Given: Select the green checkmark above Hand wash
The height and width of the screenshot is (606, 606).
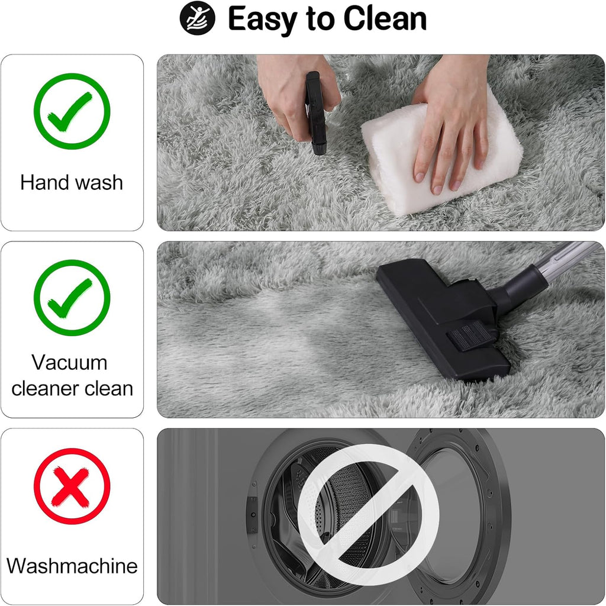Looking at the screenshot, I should (72, 111).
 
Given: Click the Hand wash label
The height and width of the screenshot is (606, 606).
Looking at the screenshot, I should (72, 182).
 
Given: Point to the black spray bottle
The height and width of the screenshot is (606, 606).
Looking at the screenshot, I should (315, 112).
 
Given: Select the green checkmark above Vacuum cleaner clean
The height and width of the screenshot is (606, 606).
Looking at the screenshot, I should (72, 298).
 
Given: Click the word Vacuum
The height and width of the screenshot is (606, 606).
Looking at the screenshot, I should (69, 362).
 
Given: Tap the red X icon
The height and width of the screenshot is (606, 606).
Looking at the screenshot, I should (72, 486).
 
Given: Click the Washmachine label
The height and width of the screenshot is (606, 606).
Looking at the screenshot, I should (72, 566).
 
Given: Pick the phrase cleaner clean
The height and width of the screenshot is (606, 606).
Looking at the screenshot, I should (72, 389).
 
